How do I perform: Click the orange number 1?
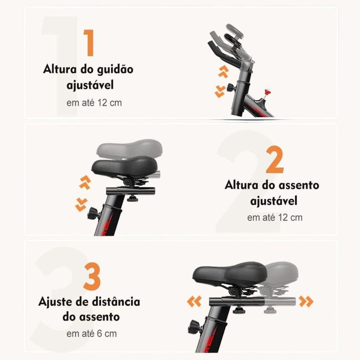(89, 43)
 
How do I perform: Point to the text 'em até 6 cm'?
(92, 333)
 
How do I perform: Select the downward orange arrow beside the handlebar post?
(220, 92)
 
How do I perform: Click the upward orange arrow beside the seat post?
(85, 183)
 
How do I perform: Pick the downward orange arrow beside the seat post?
(81, 205)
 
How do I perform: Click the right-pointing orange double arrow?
(306, 301)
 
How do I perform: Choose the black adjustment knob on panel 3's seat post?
(195, 327)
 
